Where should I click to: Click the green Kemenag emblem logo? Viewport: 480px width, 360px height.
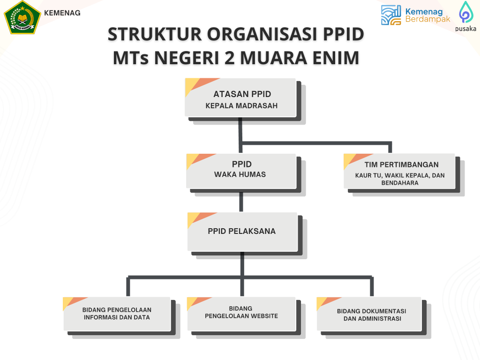[22, 17]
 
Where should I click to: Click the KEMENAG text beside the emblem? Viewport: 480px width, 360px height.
[62, 13]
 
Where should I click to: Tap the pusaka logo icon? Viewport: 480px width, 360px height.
[466, 12]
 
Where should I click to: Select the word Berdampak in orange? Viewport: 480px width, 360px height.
[427, 19]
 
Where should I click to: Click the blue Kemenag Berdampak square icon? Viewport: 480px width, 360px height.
[391, 15]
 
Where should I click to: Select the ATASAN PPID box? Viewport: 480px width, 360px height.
[240, 97]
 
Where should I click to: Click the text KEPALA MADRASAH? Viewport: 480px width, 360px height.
[241, 105]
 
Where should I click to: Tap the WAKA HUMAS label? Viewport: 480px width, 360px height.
[240, 174]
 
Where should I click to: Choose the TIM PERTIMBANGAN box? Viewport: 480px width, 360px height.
[399, 171]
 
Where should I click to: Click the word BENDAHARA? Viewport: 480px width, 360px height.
[400, 183]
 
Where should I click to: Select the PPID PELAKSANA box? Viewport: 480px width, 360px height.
[242, 232]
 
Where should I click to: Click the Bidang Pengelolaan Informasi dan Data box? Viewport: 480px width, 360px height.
[117, 314]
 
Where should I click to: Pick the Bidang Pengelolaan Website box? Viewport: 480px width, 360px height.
[241, 314]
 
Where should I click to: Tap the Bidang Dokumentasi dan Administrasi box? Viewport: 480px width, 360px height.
[369, 314]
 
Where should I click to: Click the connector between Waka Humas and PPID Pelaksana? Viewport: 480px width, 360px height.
[241, 202]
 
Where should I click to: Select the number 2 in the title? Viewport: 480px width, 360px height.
[229, 58]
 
